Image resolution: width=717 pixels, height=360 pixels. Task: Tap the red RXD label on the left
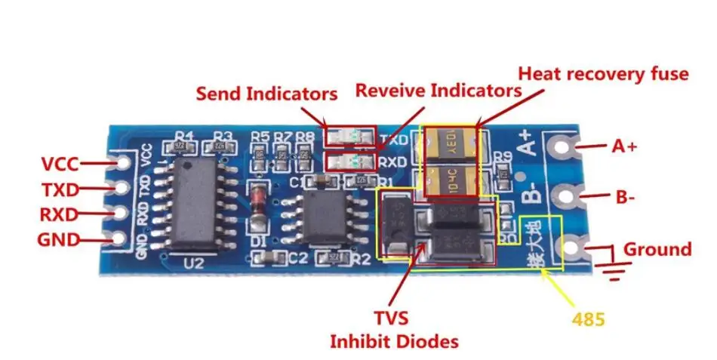(x=59, y=214)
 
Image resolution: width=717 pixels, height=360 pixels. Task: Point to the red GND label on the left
(x=58, y=240)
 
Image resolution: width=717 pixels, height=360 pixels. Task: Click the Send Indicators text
(x=266, y=94)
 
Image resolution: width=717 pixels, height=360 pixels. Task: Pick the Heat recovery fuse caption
(x=602, y=74)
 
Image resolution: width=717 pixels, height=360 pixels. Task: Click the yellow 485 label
(x=589, y=319)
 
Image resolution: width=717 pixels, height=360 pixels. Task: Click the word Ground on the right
(x=657, y=249)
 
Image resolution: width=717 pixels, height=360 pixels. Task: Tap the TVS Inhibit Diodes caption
(x=394, y=330)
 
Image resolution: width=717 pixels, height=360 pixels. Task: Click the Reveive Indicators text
(x=438, y=91)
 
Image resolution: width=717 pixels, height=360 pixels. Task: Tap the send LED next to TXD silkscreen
(x=348, y=137)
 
